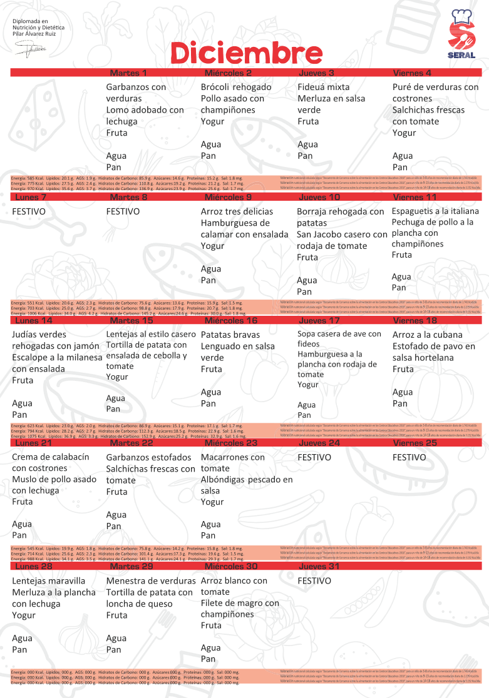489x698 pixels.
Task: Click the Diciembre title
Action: point(247,54)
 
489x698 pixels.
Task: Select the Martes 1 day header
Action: point(128,73)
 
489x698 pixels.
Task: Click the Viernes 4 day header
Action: point(412,73)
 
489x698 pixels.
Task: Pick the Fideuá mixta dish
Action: point(323,87)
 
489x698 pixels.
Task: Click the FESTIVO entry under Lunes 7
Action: point(29,211)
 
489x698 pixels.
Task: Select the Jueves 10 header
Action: point(319,197)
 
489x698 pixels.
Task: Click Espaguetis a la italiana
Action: point(435,211)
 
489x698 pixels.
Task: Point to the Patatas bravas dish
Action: point(229,335)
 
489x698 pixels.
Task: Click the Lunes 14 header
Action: point(34,321)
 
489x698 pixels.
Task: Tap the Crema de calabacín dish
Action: point(51,457)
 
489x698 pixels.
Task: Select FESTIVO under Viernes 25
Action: point(409,457)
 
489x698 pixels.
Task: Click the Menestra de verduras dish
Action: point(151,581)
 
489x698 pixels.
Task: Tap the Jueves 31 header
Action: point(319,567)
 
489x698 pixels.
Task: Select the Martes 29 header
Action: point(131,567)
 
